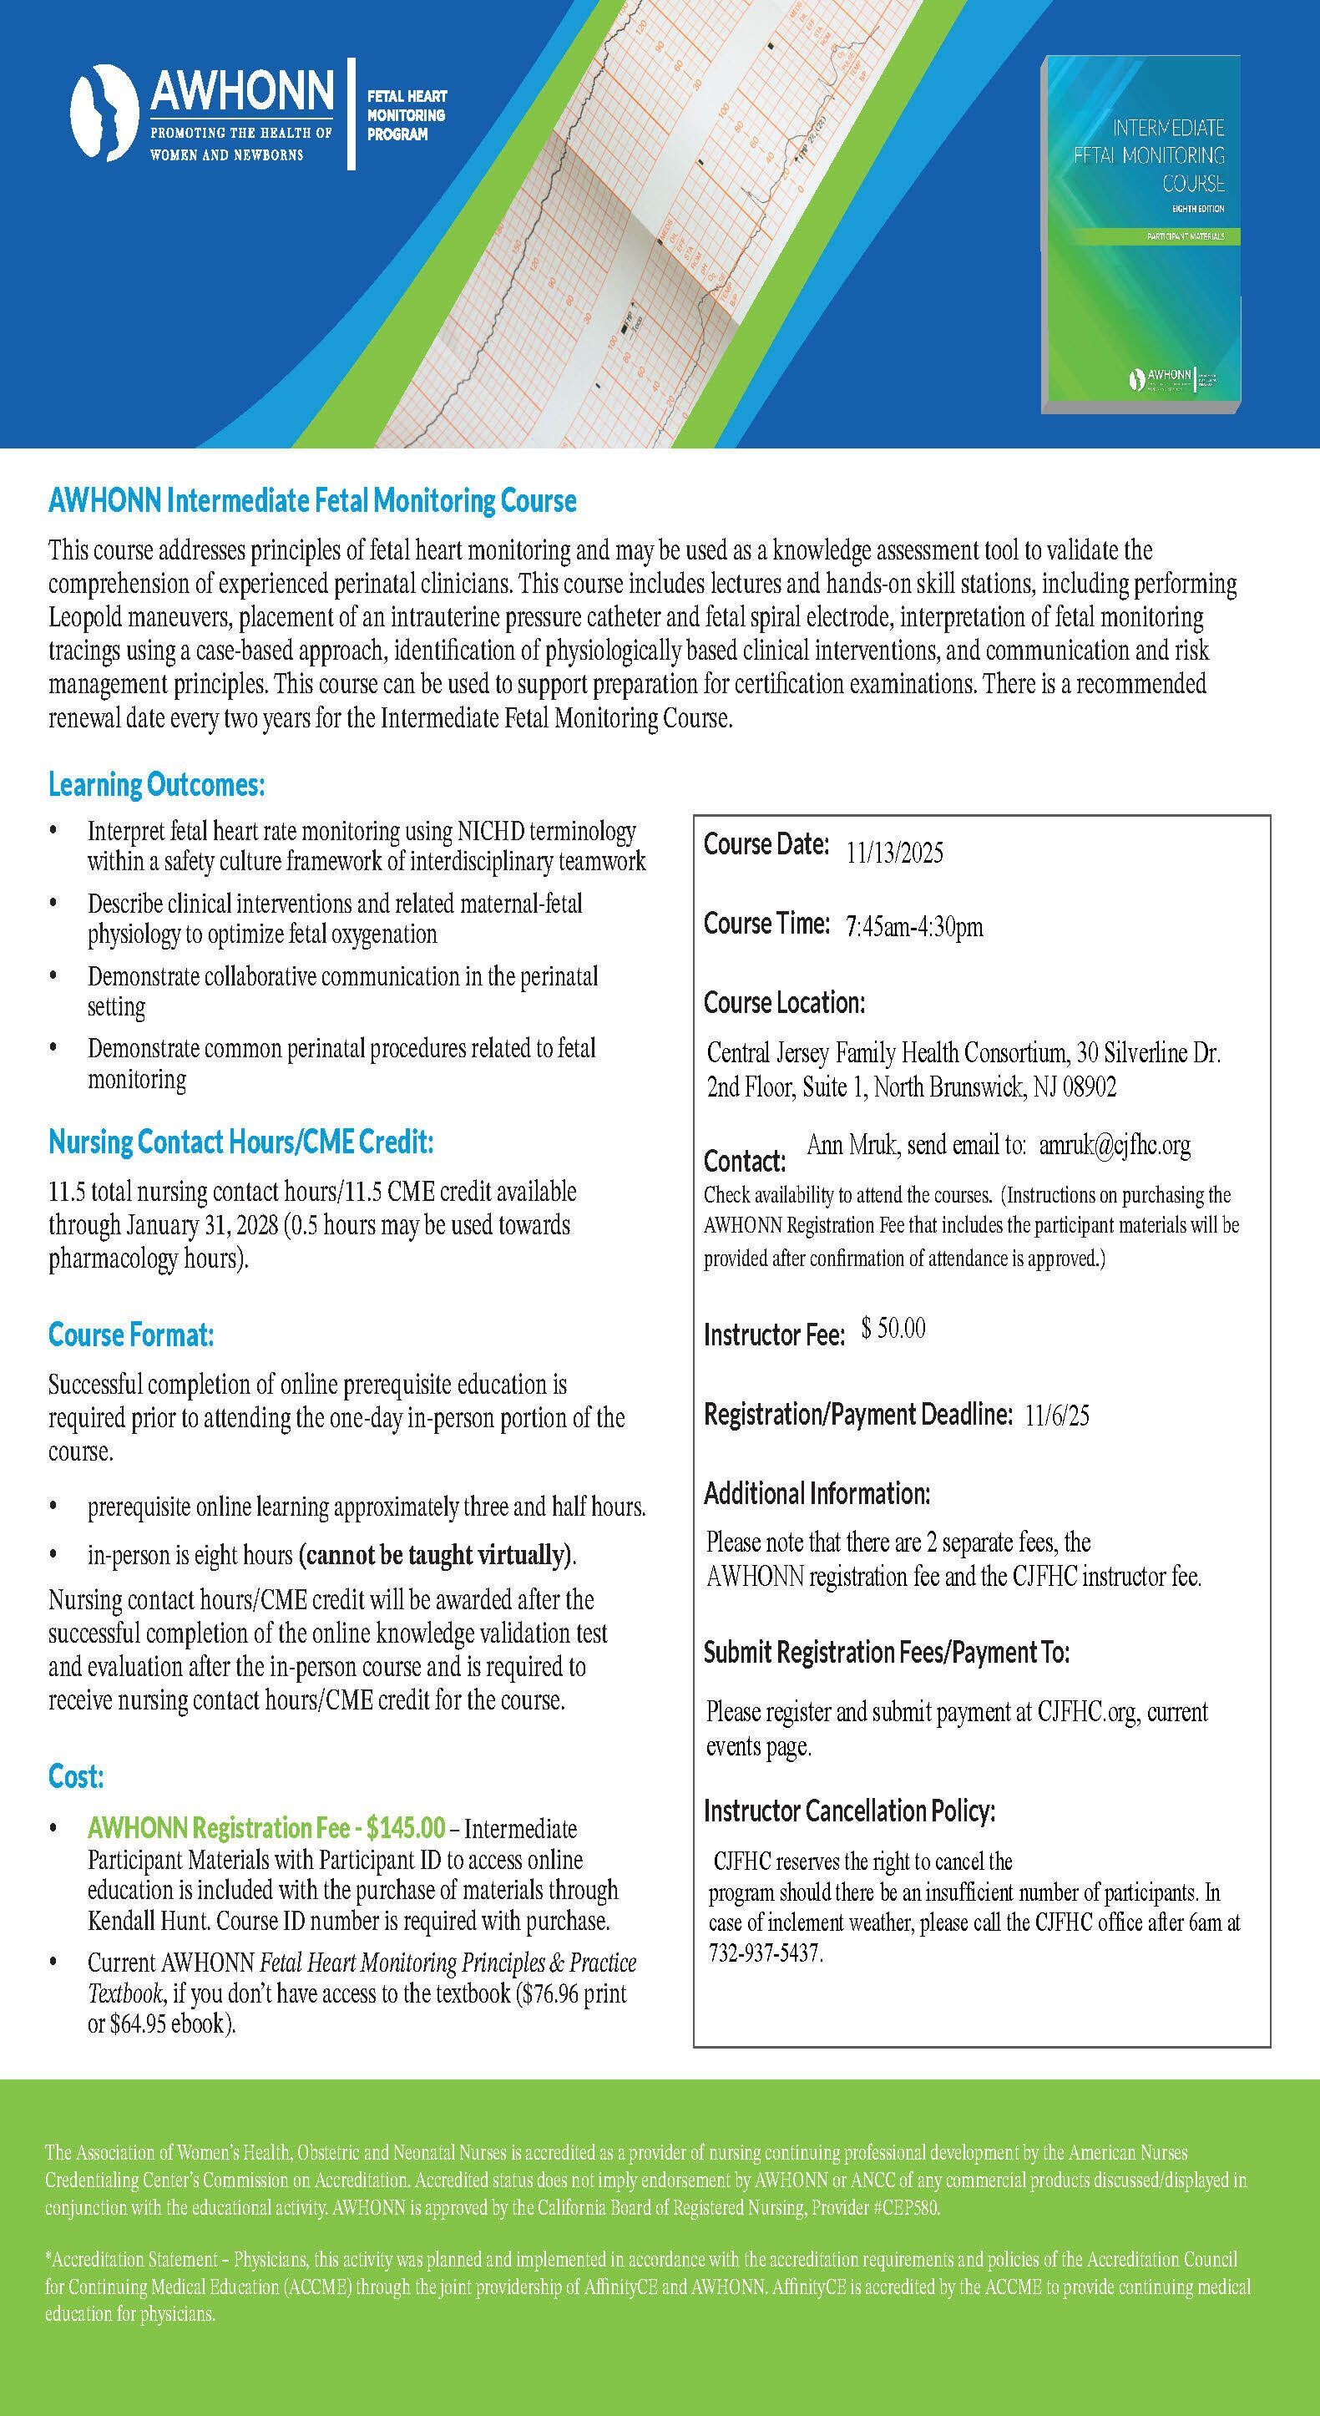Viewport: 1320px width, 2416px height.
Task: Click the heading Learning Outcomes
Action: point(157,785)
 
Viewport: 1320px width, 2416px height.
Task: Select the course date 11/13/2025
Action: point(894,853)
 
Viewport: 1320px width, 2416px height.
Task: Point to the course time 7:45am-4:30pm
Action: point(914,928)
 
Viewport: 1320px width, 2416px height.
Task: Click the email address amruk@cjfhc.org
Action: point(1115,1145)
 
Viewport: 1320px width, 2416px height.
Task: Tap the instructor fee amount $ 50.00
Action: point(893,1328)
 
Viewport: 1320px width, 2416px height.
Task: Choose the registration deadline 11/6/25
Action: point(1056,1416)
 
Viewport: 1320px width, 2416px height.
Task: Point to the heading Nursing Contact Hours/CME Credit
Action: point(241,1142)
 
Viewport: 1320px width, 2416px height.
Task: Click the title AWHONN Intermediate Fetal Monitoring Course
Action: point(312,501)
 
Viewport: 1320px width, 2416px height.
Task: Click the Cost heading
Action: point(76,1777)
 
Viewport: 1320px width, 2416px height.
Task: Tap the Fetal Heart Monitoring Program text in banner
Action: point(406,115)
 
